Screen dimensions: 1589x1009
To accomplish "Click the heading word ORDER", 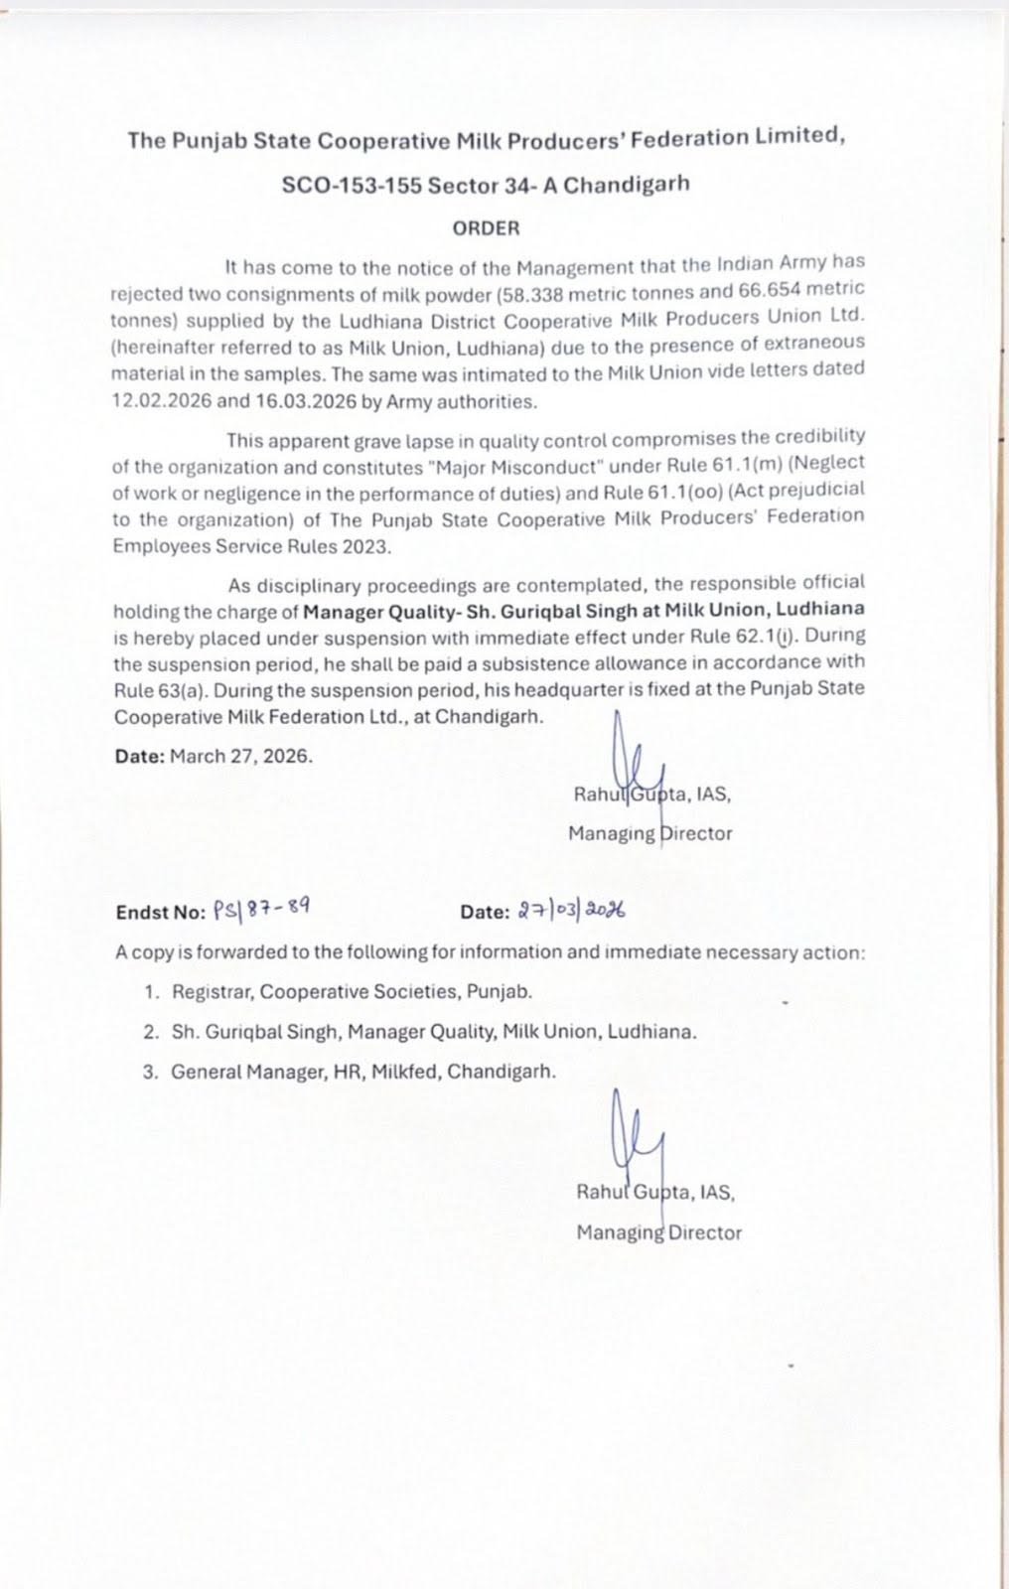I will click(x=486, y=228).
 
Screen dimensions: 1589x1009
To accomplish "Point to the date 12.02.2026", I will click(x=159, y=402).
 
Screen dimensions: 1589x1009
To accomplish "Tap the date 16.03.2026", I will click(x=295, y=402).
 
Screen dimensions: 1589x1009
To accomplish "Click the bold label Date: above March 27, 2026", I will click(x=139, y=756).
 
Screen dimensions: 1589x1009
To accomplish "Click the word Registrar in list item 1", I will click(x=212, y=992).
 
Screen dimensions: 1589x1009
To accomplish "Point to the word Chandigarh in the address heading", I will click(x=627, y=185).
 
